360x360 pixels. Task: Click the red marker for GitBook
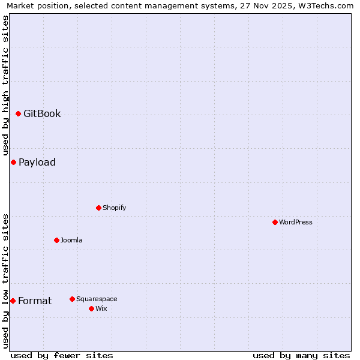pyautogui.click(x=18, y=113)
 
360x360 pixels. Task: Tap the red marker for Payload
pyautogui.click(x=13, y=162)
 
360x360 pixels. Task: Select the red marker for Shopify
pyautogui.click(x=98, y=208)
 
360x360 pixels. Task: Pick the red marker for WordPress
pyautogui.click(x=275, y=222)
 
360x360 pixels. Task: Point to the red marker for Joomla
pyautogui.click(x=56, y=240)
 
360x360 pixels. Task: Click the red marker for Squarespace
pyautogui.click(x=72, y=299)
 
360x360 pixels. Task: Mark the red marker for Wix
pyautogui.click(x=91, y=308)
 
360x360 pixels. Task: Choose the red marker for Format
pyautogui.click(x=13, y=301)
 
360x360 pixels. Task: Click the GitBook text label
pyautogui.click(x=42, y=114)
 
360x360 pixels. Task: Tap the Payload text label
pyautogui.click(x=37, y=163)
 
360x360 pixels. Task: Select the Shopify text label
pyautogui.click(x=114, y=208)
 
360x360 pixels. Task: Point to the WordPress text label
pyautogui.click(x=296, y=222)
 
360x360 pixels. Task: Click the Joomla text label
pyautogui.click(x=71, y=240)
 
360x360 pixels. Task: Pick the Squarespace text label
pyautogui.click(x=97, y=299)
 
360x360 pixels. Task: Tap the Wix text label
pyautogui.click(x=101, y=308)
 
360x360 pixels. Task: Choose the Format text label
pyautogui.click(x=35, y=301)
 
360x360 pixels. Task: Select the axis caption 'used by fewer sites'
pyautogui.click(x=62, y=355)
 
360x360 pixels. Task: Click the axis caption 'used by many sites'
pyautogui.click(x=301, y=355)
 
